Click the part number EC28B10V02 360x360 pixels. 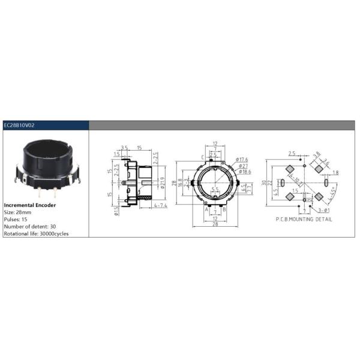click(19, 125)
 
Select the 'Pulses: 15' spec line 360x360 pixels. click(17, 219)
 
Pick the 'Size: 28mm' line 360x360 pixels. click(19, 212)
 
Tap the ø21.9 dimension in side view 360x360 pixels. click(163, 179)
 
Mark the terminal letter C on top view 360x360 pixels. click(202, 157)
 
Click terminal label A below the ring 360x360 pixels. click(206, 209)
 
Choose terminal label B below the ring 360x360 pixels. click(224, 209)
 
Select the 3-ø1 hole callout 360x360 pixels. click(323, 211)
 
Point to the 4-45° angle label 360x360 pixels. click(329, 195)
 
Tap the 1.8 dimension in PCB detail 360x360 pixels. click(335, 173)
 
